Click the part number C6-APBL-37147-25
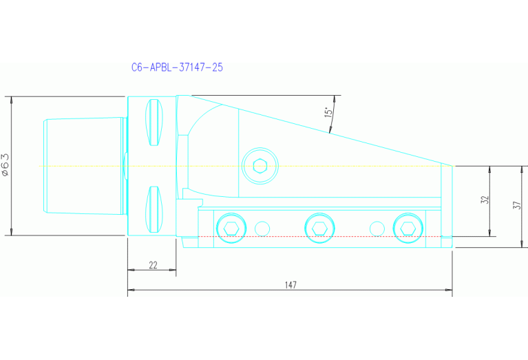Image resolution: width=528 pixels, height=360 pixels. click(177, 67)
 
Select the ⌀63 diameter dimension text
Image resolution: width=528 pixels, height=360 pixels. click(6, 165)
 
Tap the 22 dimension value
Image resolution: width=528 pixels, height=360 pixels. click(153, 265)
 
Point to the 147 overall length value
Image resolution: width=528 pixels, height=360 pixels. click(290, 285)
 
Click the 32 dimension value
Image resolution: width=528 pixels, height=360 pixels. click(485, 200)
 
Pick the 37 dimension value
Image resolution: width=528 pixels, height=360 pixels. click(516, 206)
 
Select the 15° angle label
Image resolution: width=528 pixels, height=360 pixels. click(329, 110)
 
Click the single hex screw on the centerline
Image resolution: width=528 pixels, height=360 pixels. click(260, 166)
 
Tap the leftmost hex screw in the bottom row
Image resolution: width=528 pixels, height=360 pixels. click(231, 228)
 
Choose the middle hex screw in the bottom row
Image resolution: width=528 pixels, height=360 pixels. click(319, 228)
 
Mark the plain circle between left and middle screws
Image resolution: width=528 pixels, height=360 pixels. click(262, 228)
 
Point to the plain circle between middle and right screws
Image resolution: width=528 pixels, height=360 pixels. click(376, 228)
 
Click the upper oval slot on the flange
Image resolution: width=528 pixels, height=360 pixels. click(154, 123)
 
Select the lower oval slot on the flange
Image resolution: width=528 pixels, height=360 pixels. click(154, 209)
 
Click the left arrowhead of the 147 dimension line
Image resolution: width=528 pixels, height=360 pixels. click(131, 291)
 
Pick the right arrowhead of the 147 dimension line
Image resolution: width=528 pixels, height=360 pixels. click(450, 291)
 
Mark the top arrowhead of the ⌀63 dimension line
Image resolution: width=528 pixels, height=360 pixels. click(12, 98)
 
